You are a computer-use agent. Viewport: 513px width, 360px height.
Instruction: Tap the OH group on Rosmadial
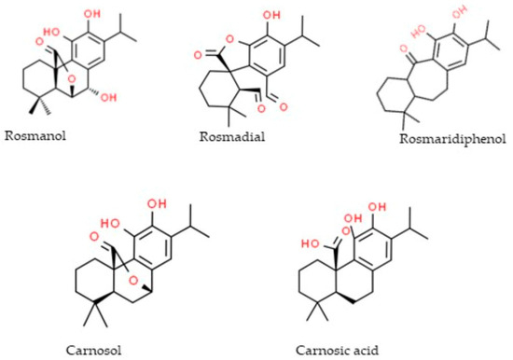pyautogui.click(x=245, y=16)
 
